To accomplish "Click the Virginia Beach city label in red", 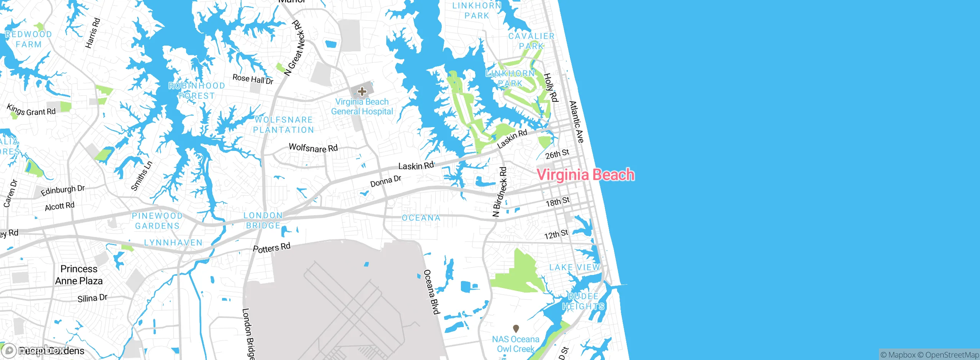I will [585, 175].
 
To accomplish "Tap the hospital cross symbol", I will [362, 92].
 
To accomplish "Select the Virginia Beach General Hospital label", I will [362, 107].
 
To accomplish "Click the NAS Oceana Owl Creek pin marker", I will [516, 329].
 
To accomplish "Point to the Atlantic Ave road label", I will [577, 122].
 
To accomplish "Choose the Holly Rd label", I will [551, 88].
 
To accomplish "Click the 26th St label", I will [557, 154].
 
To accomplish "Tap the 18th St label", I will [558, 202].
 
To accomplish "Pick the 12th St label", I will [556, 234].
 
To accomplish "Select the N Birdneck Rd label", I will [500, 192].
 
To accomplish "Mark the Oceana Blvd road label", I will [431, 292].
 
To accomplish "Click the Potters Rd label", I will [272, 248].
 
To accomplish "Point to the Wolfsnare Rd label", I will [313, 148].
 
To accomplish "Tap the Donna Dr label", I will [386, 181].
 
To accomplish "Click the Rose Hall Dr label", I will [253, 79].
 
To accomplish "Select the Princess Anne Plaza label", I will [79, 275].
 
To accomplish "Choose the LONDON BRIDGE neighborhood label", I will [263, 221].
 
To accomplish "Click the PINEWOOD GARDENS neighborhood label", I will [157, 221].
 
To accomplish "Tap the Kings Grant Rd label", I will [31, 110].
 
